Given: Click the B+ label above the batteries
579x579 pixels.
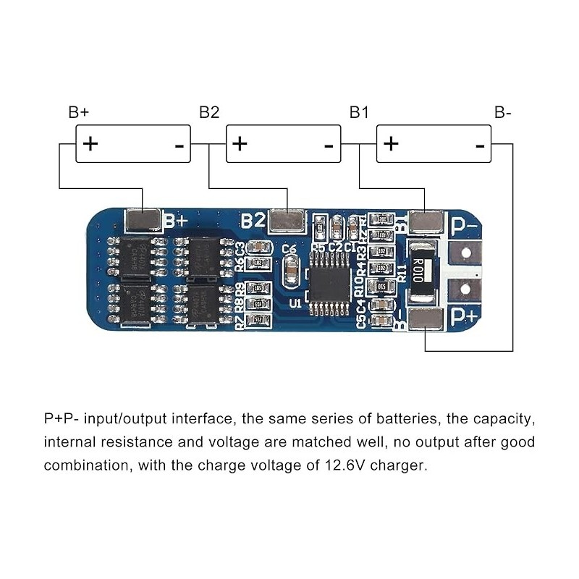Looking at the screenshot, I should [79, 112].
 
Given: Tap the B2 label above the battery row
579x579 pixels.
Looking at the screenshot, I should [209, 112].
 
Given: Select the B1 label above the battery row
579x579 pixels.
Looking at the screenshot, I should [359, 112].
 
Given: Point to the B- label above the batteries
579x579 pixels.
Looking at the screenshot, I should [504, 112].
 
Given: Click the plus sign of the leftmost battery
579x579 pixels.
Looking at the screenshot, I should [90, 143].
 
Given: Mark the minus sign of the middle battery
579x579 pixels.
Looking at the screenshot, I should [329, 145].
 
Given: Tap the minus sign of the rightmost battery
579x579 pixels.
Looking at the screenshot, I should [479, 145].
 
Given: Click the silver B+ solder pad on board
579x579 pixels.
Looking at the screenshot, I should [143, 221].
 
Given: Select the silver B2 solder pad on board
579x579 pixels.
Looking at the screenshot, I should [287, 221].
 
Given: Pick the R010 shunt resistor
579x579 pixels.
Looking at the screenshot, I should [422, 271].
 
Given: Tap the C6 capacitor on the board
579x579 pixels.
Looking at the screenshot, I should [289, 271].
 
